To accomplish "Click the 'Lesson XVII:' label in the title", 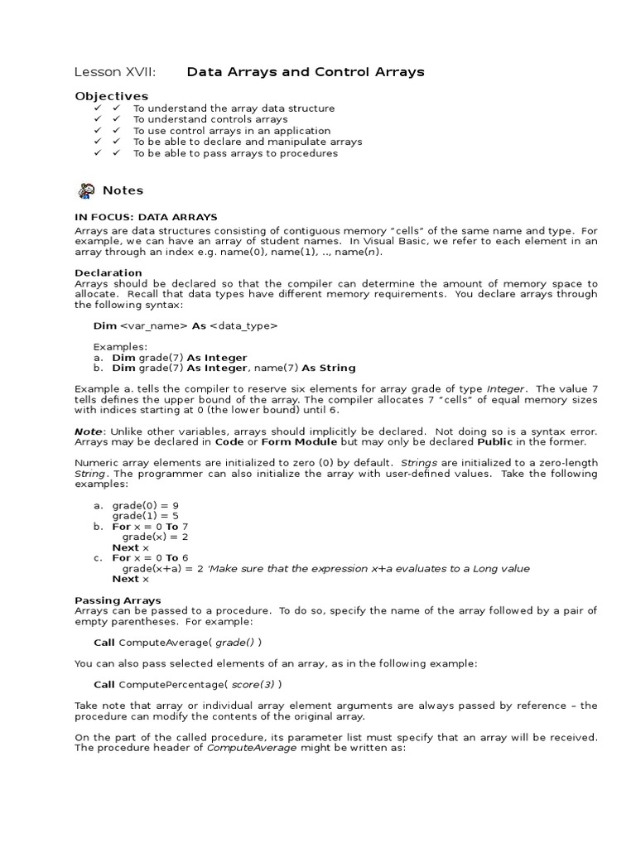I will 115,72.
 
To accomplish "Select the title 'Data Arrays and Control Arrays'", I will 306,72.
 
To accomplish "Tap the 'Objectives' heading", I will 112,96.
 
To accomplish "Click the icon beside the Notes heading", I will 86,190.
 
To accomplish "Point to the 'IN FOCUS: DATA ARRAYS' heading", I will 146,217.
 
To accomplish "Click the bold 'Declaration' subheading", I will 108,272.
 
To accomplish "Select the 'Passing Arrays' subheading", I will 118,600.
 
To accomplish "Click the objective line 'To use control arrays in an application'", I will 232,131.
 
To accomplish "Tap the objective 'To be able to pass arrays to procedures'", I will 235,153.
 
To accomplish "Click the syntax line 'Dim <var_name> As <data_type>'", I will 185,326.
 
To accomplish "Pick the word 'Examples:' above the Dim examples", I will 120,347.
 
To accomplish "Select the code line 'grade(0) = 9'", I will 146,505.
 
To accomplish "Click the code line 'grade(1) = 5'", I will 146,516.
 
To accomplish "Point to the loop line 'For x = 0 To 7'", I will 150,527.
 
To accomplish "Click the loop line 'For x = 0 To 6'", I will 150,558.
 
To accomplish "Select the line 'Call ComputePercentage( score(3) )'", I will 187,684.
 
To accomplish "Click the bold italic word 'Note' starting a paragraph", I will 89,431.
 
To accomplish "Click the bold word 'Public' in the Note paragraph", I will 495,442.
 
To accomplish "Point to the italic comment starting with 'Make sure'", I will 369,569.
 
